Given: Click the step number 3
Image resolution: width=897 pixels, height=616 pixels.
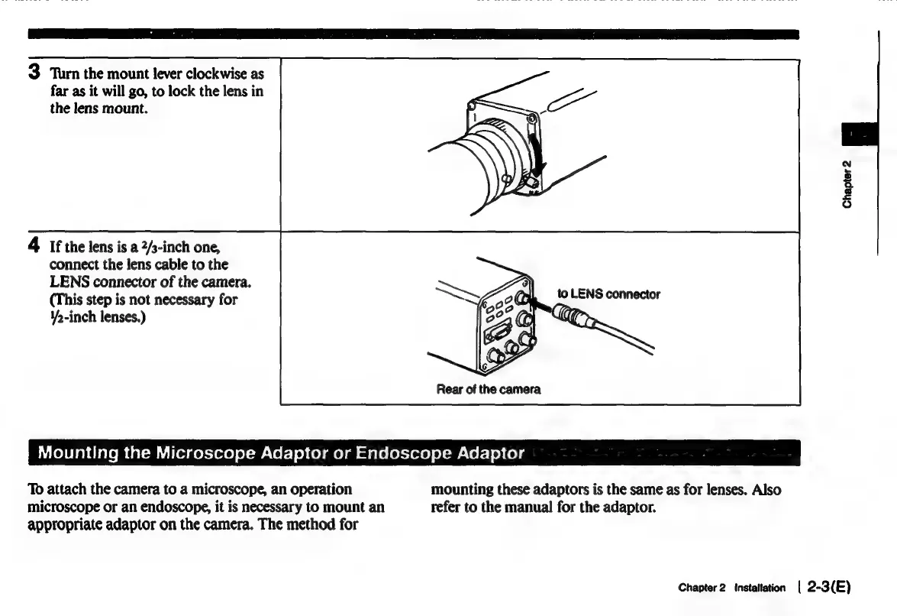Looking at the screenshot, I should click(34, 72).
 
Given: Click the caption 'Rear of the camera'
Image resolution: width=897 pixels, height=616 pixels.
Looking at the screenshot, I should click(489, 389).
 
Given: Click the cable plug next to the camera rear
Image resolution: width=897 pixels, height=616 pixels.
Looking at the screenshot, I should click(573, 313).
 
